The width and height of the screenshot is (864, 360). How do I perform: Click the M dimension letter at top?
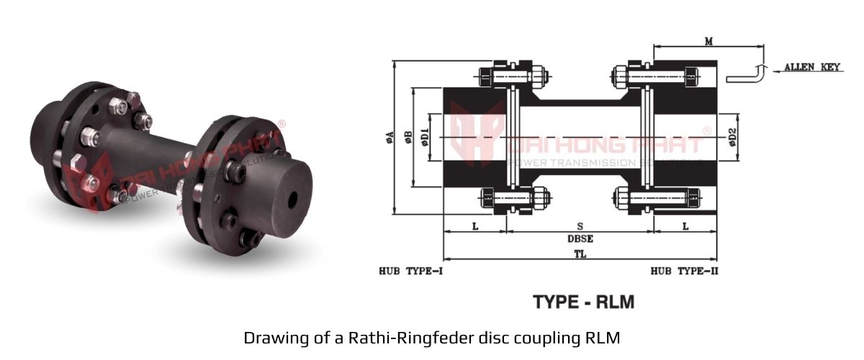coord(708,42)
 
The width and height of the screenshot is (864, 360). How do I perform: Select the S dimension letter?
coord(580,226)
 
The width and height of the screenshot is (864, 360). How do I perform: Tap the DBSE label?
coord(580,238)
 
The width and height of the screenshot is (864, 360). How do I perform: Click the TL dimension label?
coord(580,254)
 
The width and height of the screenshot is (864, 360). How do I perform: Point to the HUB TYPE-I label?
coord(410,271)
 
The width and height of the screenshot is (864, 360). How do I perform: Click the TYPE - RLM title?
coord(583,302)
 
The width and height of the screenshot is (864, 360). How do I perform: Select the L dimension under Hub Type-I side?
coord(474,226)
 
